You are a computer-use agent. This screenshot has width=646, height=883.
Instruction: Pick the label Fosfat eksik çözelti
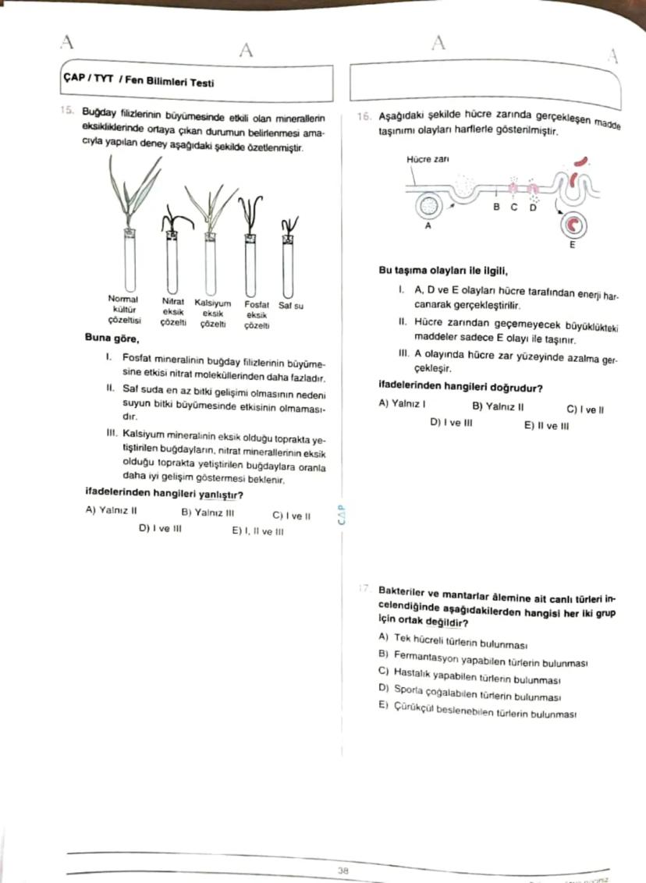point(257,314)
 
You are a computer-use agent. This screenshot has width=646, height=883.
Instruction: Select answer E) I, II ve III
point(257,531)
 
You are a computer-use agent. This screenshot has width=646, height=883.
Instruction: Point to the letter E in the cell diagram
point(572,245)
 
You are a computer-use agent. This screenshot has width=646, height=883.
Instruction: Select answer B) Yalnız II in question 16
point(498,406)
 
